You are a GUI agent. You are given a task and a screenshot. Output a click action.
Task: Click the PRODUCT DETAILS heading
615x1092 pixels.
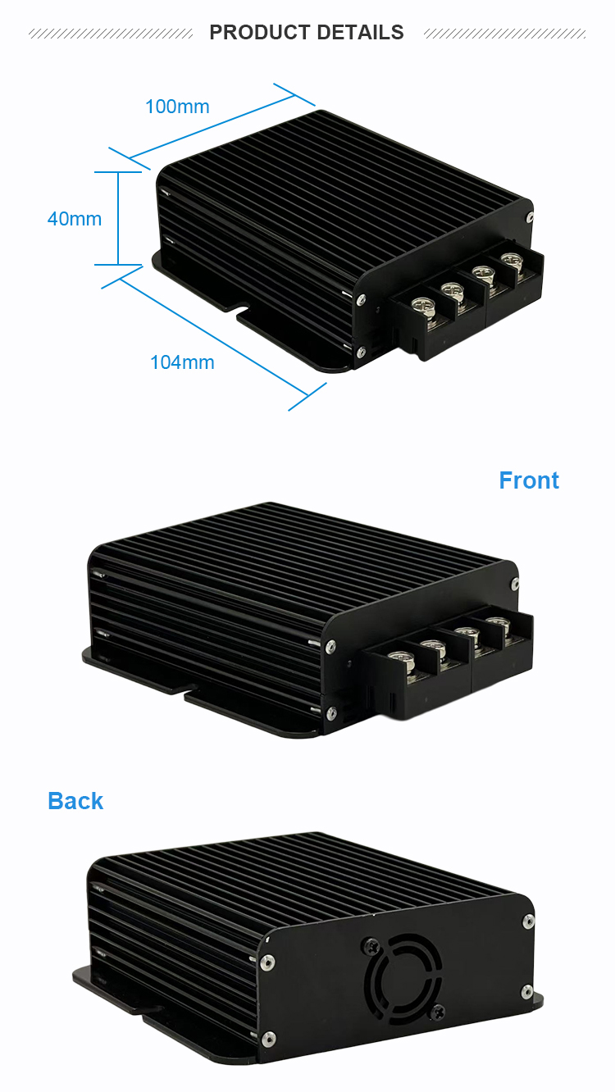[x=307, y=33]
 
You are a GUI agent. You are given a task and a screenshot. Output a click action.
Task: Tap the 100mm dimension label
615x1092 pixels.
[x=177, y=107]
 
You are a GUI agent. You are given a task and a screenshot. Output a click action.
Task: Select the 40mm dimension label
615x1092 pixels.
[x=75, y=219]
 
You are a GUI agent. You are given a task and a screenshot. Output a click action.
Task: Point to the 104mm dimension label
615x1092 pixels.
[x=182, y=362]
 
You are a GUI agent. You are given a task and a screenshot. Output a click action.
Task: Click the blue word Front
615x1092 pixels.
[x=529, y=480]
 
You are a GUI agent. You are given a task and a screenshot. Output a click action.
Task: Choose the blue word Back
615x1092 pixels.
[x=75, y=801]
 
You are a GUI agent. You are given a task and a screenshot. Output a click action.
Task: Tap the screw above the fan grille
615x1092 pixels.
[x=371, y=944]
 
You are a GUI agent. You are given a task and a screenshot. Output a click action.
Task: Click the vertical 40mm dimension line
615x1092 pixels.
[x=119, y=218]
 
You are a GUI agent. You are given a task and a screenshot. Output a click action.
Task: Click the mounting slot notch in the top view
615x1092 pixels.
[x=241, y=311]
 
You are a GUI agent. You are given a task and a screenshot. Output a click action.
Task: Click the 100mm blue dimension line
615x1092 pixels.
[x=221, y=123]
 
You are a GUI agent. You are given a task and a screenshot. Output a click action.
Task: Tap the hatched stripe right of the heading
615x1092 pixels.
[x=504, y=34]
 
